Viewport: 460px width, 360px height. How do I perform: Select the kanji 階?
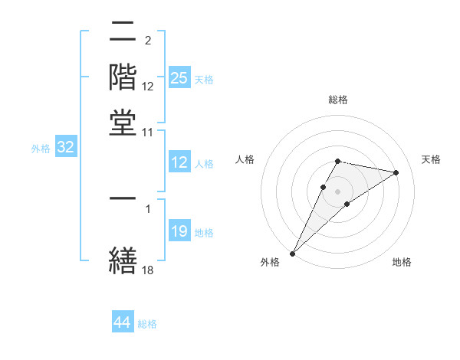123,79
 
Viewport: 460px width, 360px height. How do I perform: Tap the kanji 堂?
123,122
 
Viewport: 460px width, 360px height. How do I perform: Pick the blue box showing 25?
179,78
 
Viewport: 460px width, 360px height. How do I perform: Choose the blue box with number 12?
179,162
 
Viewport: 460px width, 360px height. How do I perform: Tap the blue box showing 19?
179,231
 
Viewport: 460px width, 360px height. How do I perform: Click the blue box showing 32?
65,148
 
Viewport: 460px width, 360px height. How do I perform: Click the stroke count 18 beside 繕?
148,270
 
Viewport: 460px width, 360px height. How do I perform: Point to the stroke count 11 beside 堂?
148,133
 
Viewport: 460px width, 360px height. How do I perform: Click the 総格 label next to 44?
147,324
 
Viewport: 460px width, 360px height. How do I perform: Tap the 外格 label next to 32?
41,149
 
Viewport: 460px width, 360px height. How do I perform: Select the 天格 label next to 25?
204,80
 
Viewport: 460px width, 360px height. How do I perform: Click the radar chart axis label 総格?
337,100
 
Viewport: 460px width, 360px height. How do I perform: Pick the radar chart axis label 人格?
245,159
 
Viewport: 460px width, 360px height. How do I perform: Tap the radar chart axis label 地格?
402,263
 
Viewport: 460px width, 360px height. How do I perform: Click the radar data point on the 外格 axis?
293,253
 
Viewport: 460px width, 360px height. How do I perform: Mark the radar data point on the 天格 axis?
396,172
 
